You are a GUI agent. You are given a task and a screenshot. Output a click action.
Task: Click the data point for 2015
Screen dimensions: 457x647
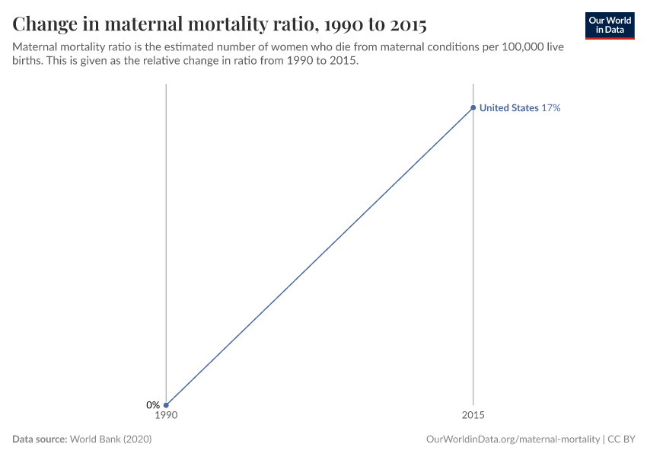pos(473,108)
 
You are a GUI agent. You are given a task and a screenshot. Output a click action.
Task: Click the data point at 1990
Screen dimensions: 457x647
pos(166,405)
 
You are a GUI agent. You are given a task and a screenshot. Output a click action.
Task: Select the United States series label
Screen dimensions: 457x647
pos(508,108)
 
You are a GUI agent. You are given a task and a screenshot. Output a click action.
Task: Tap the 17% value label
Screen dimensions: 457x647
pos(551,108)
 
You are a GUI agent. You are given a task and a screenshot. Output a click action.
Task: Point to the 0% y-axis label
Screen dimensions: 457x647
pos(153,405)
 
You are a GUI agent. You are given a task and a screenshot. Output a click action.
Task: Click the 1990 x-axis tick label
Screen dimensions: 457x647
pos(166,416)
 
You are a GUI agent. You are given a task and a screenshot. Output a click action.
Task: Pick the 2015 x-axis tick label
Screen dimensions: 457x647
pos(473,416)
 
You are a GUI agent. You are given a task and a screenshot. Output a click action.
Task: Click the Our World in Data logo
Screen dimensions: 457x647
pos(610,25)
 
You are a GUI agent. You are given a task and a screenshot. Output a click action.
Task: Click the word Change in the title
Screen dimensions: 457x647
pos(47,24)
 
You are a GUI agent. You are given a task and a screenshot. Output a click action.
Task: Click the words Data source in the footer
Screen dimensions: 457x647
pos(40,439)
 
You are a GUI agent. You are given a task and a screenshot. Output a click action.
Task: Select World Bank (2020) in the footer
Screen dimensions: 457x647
pos(116,439)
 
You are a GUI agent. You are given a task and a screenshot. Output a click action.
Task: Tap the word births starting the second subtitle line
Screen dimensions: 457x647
pos(29,62)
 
